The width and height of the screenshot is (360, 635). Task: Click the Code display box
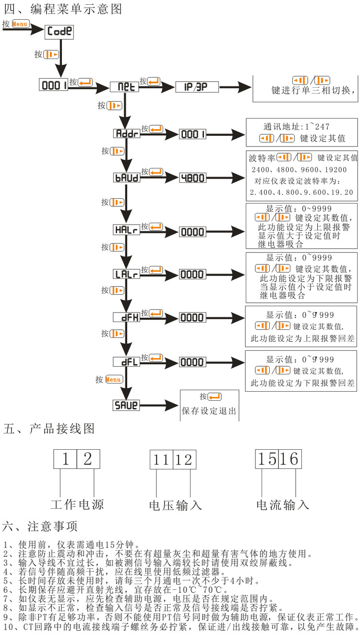point(60,32)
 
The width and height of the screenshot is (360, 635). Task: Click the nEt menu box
point(124,87)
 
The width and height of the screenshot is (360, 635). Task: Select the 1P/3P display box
point(196,87)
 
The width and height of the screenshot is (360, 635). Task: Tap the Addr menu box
point(126,134)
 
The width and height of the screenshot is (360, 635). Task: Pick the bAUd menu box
point(126,178)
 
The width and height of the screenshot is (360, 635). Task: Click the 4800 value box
point(192,178)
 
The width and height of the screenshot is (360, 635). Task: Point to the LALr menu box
point(126,275)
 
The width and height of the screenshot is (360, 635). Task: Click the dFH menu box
point(126,317)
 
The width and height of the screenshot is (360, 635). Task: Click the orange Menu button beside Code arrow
point(20,24)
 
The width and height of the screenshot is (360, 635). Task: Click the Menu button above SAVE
point(114,380)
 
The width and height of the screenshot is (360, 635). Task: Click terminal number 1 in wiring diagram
point(65,459)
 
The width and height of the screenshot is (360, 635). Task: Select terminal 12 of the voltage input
point(183,460)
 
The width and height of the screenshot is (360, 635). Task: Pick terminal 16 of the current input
point(289,459)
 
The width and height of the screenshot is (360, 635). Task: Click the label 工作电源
point(77,504)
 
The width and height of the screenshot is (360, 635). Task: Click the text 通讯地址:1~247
point(296,127)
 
